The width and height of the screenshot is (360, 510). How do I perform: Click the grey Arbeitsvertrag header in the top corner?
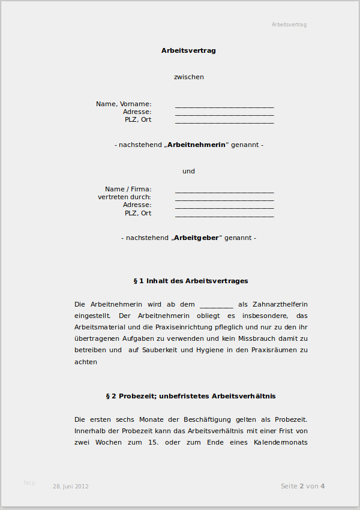[x=289, y=25]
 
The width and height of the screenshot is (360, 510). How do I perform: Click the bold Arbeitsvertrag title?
[x=188, y=50]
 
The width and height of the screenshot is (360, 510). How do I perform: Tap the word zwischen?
[x=188, y=77]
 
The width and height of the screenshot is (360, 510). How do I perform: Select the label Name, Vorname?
[x=124, y=104]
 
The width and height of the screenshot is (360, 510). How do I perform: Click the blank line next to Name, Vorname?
[x=224, y=106]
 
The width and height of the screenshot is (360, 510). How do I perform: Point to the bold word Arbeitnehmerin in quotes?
[x=196, y=145]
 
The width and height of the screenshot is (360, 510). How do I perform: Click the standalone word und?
[x=188, y=171]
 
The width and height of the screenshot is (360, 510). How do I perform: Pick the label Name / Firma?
[x=128, y=189]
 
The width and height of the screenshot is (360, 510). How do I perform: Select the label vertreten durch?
[x=124, y=197]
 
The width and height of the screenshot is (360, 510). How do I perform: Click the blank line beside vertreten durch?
[x=224, y=199]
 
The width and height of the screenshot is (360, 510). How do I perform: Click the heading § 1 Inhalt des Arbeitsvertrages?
[x=190, y=281]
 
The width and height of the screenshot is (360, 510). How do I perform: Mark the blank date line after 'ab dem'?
[x=216, y=305]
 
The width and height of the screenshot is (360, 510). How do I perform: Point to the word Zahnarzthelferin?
[x=282, y=304]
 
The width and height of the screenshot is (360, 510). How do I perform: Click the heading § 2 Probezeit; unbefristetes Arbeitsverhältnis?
[x=190, y=396]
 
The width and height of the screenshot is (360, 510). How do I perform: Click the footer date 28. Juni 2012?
[x=71, y=487]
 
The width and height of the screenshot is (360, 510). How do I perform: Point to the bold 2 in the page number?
[x=302, y=486]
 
